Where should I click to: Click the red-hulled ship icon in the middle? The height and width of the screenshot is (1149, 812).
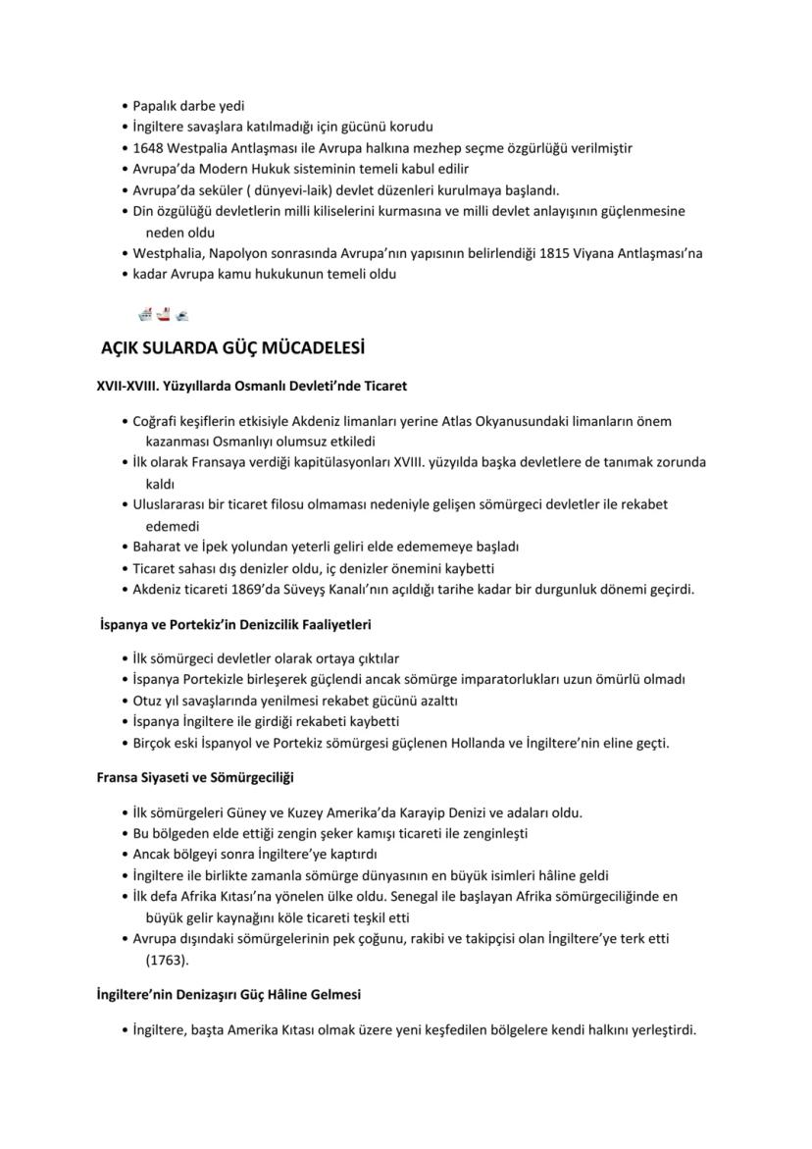pos(164,314)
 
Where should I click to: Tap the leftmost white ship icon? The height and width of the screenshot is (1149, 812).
pos(146,314)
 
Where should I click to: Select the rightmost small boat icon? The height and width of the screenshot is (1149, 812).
pos(181,315)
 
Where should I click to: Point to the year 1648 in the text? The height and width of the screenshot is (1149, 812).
pos(149,148)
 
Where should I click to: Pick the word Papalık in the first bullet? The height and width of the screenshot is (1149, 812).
pos(156,106)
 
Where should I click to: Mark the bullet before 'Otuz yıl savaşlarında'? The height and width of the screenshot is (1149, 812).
pos(125,701)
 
